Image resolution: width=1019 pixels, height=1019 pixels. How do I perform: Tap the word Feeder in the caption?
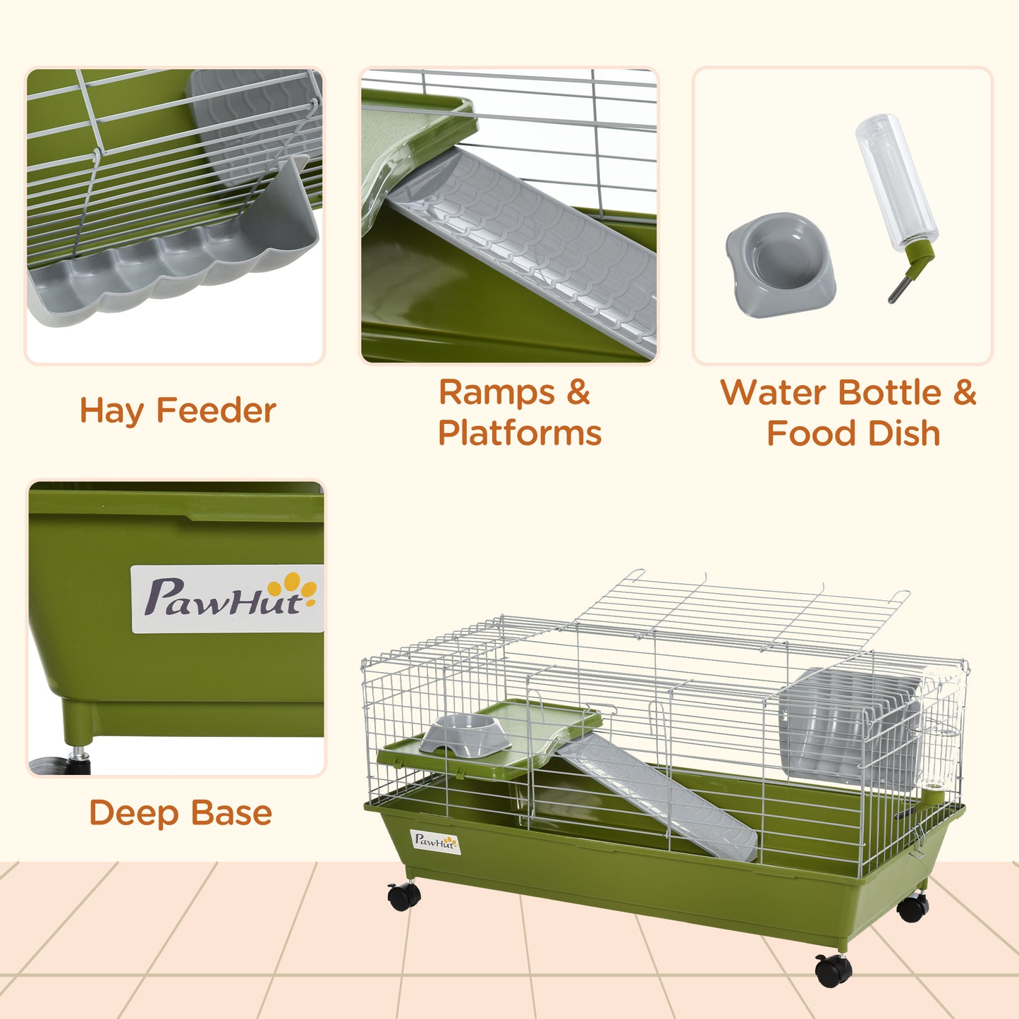point(216,411)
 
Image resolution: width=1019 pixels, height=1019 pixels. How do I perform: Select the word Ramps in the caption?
point(496,392)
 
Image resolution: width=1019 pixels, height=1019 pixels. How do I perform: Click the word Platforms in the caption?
point(520,433)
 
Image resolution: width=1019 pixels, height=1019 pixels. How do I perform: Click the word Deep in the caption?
point(134,812)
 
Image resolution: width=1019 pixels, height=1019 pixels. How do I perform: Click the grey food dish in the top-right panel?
point(781,264)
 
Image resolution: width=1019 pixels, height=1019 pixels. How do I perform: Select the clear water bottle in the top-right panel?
point(896,183)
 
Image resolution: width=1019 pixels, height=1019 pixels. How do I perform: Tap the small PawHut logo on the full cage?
point(435,841)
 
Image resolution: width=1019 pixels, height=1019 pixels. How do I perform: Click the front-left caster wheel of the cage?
point(404,896)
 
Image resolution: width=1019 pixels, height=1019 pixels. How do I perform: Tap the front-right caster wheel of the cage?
point(833,971)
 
